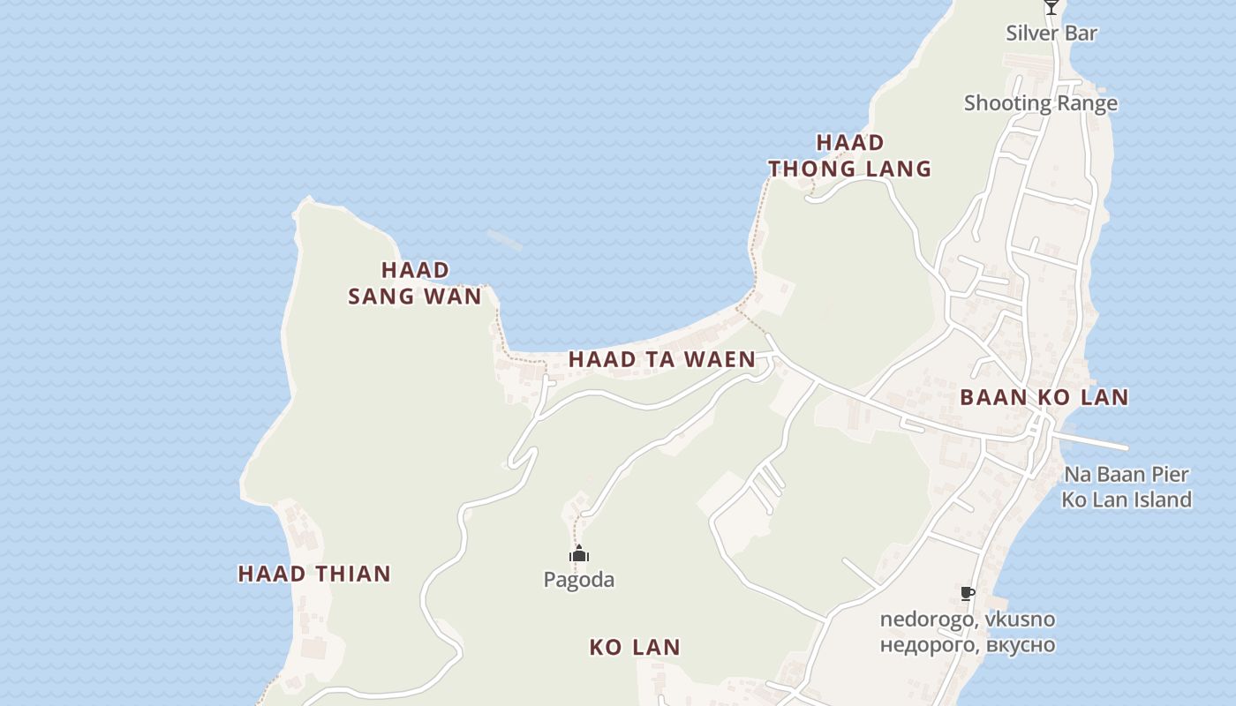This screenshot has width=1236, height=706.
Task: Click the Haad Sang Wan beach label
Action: click(x=415, y=282)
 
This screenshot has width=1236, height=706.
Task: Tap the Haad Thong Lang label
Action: click(x=849, y=155)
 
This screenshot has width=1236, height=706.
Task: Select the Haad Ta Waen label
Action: click(x=661, y=359)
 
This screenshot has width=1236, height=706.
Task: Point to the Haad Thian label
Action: click(x=314, y=574)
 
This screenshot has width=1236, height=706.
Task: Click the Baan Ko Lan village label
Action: click(x=1044, y=397)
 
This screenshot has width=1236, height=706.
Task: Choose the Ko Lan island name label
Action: click(x=635, y=647)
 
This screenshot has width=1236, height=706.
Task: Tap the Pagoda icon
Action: click(x=578, y=554)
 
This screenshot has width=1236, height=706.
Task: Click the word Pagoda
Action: click(x=578, y=580)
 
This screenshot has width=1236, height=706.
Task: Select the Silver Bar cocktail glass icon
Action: click(x=1051, y=7)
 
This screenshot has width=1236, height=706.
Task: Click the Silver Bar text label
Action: click(x=1051, y=34)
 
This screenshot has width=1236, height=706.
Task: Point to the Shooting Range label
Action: click(x=1040, y=103)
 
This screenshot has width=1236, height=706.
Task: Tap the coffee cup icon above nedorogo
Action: click(x=968, y=593)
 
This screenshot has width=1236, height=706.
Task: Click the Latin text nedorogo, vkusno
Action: click(x=967, y=620)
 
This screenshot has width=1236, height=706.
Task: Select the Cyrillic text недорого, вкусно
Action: click(x=967, y=644)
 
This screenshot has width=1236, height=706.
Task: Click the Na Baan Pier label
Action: click(x=1126, y=474)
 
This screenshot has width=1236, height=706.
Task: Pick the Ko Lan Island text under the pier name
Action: click(x=1126, y=499)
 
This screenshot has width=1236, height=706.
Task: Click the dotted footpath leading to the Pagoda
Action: click(x=576, y=529)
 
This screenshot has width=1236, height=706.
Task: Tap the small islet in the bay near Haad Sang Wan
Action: click(x=503, y=238)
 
